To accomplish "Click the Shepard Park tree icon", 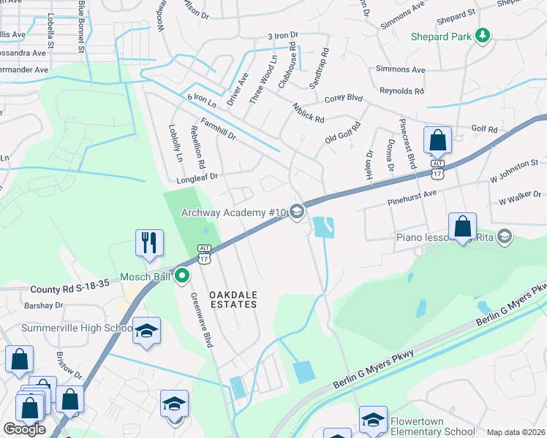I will click(482, 36).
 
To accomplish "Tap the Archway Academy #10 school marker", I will click(296, 212).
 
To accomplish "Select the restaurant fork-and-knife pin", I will click(149, 242).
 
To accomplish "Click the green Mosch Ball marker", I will click(182, 276).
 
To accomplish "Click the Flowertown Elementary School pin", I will click(372, 419).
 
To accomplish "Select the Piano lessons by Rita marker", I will click(504, 237).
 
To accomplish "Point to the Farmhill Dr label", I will click(219, 129).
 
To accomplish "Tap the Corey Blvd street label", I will click(344, 98).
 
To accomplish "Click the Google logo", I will click(24, 429).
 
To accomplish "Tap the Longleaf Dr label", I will click(197, 176).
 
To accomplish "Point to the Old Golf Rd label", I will click(343, 132).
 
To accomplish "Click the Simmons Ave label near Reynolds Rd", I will click(400, 70).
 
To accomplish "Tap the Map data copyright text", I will click(516, 432).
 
